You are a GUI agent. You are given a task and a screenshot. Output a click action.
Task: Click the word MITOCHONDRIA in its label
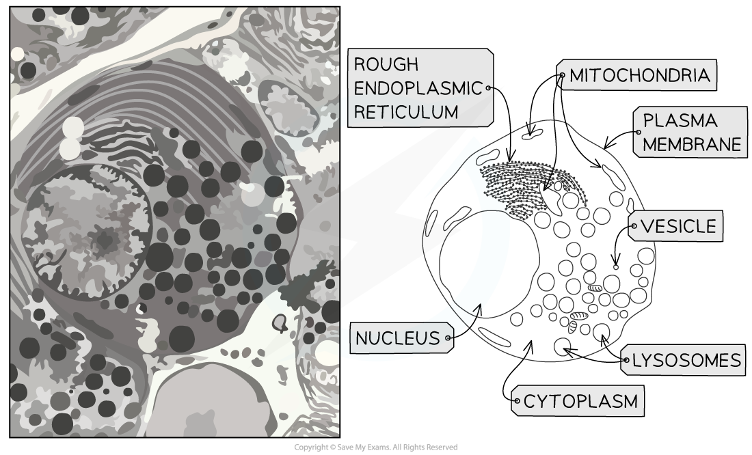[639, 75]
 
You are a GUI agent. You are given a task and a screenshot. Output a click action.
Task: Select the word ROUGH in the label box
[386, 64]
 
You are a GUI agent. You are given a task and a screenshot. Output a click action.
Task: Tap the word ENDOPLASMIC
[418, 88]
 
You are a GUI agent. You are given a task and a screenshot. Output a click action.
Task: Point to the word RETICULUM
[405, 112]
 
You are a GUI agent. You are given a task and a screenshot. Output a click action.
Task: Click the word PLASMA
[680, 121]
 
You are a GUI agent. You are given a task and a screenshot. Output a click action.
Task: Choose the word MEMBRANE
[692, 144]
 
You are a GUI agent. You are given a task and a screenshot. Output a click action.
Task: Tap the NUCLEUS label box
[402, 338]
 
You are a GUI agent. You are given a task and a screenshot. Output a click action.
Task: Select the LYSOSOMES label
[684, 359]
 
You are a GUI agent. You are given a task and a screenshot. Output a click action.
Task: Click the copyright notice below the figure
[376, 447]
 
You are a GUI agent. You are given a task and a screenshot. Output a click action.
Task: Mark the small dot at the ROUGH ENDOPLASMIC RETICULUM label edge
[488, 87]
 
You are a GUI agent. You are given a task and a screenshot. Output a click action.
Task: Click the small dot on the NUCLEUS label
[448, 338]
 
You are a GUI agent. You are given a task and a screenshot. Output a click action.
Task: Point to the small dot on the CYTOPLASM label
[517, 401]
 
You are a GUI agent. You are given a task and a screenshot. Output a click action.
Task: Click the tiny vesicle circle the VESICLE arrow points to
[616, 267]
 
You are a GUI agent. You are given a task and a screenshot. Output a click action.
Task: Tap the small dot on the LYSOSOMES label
[626, 360]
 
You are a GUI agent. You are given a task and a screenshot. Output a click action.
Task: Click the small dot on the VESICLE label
[634, 226]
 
